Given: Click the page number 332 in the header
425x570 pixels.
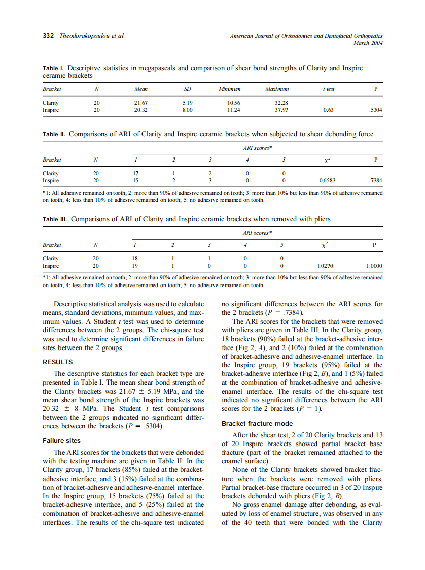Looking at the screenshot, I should [49, 36].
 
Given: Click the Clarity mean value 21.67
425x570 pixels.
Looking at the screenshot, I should [140, 102].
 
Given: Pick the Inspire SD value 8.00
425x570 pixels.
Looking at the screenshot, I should [187, 109].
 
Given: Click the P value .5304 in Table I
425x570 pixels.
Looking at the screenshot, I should [375, 109].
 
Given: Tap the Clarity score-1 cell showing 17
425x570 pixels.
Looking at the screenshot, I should [135, 173].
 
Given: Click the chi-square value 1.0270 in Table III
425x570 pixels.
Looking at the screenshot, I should [326, 266].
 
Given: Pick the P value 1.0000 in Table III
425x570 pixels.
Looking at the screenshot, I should [374, 266].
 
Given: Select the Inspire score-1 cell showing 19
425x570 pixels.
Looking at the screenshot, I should [135, 266].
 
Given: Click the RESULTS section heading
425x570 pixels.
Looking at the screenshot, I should [57, 362].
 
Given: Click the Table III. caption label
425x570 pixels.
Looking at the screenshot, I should [54, 219].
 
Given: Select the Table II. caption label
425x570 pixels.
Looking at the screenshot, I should [54, 134].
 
